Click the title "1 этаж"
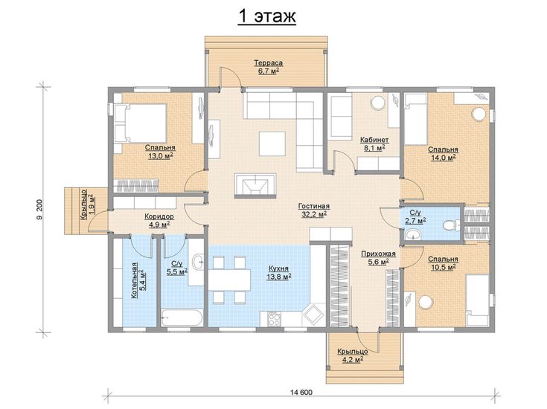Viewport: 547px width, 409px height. (x=267, y=16)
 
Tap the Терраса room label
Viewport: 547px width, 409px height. (x=268, y=63)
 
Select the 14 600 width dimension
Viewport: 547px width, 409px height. (x=301, y=392)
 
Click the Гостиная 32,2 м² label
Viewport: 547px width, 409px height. (x=314, y=210)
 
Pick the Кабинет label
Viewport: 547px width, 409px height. (x=374, y=140)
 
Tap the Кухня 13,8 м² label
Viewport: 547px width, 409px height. (x=279, y=273)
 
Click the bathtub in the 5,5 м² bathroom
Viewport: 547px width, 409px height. (x=182, y=318)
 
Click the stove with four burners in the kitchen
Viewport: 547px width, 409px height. (x=274, y=319)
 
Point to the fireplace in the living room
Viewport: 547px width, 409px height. (x=256, y=185)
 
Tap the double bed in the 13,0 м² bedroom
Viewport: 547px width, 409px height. (x=140, y=123)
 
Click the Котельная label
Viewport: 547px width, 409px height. (x=134, y=280)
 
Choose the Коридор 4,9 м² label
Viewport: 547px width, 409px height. (x=159, y=221)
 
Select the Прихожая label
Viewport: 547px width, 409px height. (x=378, y=254)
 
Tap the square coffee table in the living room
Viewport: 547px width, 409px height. (x=272, y=144)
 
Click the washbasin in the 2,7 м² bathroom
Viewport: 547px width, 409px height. (x=413, y=234)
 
